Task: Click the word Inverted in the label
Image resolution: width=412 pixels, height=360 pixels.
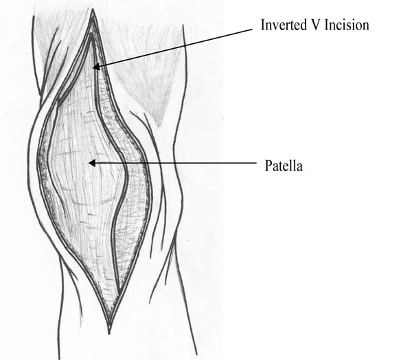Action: coord(284,25)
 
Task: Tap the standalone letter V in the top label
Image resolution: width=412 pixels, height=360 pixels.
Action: coord(315,25)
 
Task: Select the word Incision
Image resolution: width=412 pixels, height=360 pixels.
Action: coord(347,25)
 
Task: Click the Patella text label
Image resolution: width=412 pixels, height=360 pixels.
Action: coord(284,166)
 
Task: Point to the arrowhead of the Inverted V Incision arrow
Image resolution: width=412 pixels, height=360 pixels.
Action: coord(96,67)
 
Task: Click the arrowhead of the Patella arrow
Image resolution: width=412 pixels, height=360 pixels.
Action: coord(92,163)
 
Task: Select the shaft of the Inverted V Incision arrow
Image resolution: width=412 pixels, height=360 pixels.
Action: coord(176,47)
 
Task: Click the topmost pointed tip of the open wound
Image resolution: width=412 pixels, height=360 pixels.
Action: coord(93,10)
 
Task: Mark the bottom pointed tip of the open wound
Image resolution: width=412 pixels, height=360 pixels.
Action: coord(109,333)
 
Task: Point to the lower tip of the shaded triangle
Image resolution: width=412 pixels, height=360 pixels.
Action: coord(159,126)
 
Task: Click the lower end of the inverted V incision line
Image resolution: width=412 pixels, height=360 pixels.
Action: coord(119,293)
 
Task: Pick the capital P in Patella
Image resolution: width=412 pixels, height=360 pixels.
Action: coord(268,166)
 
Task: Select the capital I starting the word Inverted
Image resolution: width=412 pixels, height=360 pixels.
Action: coord(263,25)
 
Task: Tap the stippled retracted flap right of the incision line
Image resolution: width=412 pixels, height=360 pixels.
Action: coord(131,184)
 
